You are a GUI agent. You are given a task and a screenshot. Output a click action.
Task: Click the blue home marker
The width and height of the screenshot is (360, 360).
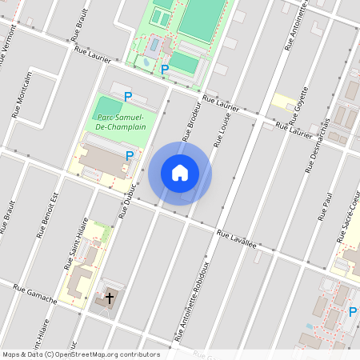click(x=180, y=173)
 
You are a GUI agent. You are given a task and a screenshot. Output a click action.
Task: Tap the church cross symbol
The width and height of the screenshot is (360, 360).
click(x=110, y=299)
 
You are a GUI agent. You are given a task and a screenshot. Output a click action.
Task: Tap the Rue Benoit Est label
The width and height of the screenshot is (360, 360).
click(x=49, y=214)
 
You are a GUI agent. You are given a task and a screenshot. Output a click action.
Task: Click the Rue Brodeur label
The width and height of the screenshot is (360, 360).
click(x=192, y=118)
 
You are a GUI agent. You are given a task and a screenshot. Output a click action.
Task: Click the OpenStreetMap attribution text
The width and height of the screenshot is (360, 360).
click(x=81, y=354)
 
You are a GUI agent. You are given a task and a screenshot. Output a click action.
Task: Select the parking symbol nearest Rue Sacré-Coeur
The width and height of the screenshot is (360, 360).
click(x=352, y=311)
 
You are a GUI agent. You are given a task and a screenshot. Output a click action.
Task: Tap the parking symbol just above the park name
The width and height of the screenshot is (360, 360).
click(x=128, y=97)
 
